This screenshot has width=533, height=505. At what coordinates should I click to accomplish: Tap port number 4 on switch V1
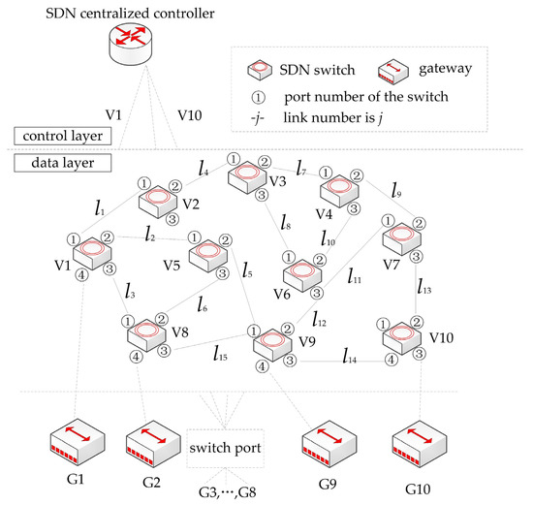[81, 274]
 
